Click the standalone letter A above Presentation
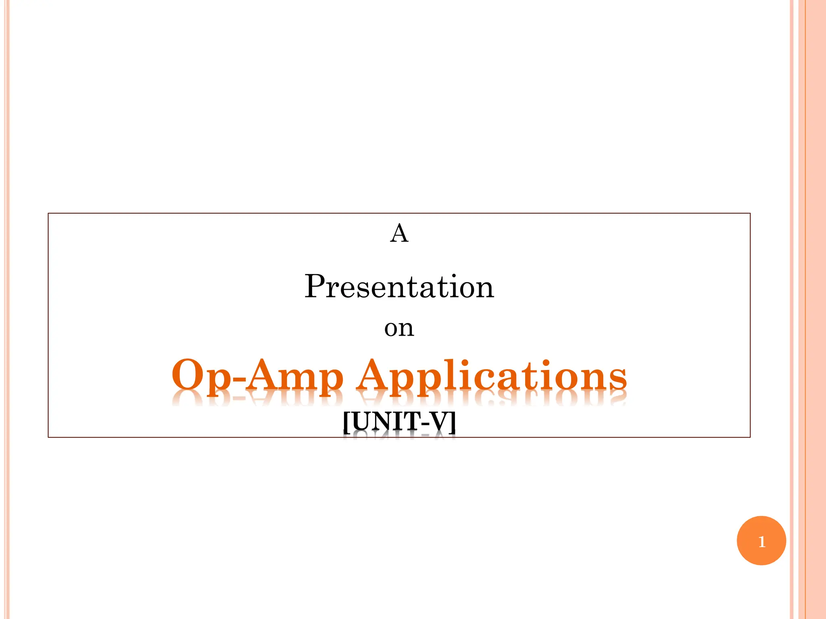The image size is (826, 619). (399, 233)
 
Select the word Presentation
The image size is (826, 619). (399, 287)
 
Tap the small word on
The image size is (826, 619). (399, 328)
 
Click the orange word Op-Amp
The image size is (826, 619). (257, 376)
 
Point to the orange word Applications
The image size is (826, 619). (492, 376)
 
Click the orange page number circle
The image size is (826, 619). (761, 540)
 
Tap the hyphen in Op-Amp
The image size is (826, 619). (238, 381)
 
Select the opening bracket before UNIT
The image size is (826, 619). (346, 422)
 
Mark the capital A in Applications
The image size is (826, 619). (375, 374)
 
